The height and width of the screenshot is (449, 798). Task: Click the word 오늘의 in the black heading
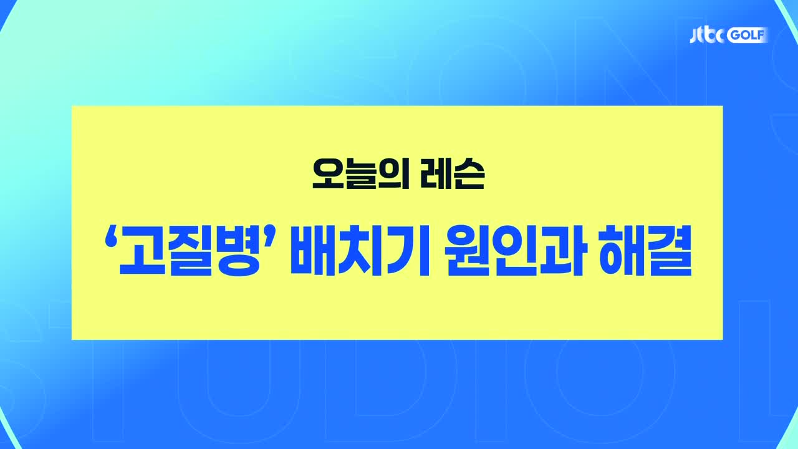pos(360,174)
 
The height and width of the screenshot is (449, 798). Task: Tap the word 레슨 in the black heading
pos(452,174)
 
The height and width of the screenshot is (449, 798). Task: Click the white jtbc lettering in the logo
pos(708,36)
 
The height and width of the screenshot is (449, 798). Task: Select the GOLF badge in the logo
pos(748,36)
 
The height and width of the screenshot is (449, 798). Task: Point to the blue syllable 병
pos(238,252)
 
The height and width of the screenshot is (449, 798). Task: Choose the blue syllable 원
pos(468,252)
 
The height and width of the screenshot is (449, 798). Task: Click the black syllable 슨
pos(469,174)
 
